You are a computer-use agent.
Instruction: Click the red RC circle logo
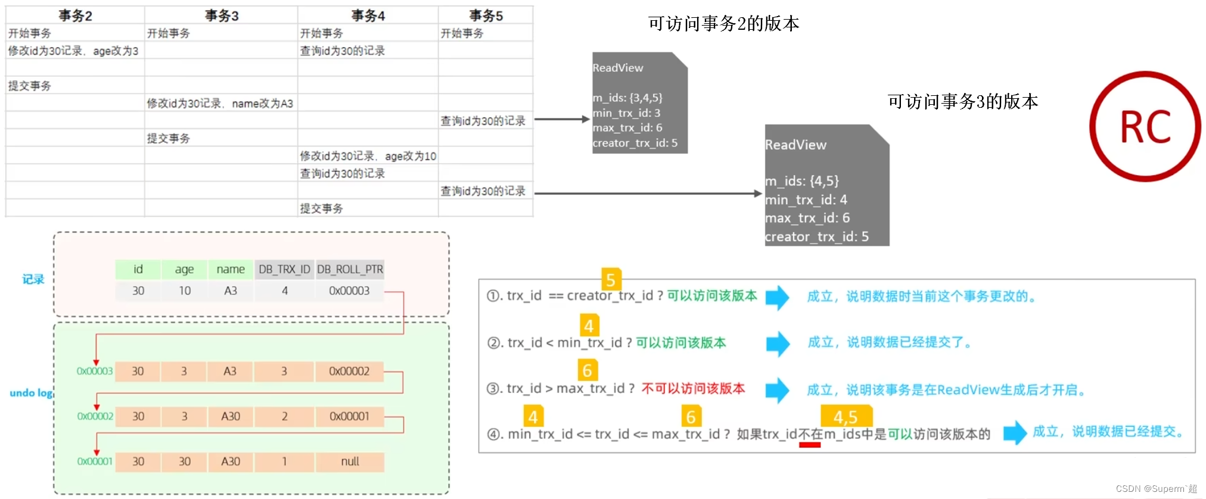1145,126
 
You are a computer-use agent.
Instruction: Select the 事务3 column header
221,15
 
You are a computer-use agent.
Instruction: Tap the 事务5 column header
486,15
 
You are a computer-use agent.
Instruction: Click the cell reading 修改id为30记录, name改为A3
220,104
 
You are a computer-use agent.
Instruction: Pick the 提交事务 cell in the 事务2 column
30,86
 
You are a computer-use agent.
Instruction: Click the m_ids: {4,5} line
802,181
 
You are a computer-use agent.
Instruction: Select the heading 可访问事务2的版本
723,24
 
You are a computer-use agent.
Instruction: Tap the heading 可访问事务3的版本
962,102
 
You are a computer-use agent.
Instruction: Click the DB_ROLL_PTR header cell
350,269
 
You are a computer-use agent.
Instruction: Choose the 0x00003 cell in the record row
349,291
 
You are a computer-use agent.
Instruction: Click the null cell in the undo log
350,461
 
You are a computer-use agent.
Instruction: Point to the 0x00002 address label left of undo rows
95,416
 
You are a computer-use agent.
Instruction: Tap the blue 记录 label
33,279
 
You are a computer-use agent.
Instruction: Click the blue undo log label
31,393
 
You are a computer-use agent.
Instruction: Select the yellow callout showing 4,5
846,416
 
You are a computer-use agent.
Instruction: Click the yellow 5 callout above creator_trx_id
611,279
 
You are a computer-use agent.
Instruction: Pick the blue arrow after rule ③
777,389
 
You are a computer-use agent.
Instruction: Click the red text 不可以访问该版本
693,389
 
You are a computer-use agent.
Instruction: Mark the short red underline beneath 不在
810,444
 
